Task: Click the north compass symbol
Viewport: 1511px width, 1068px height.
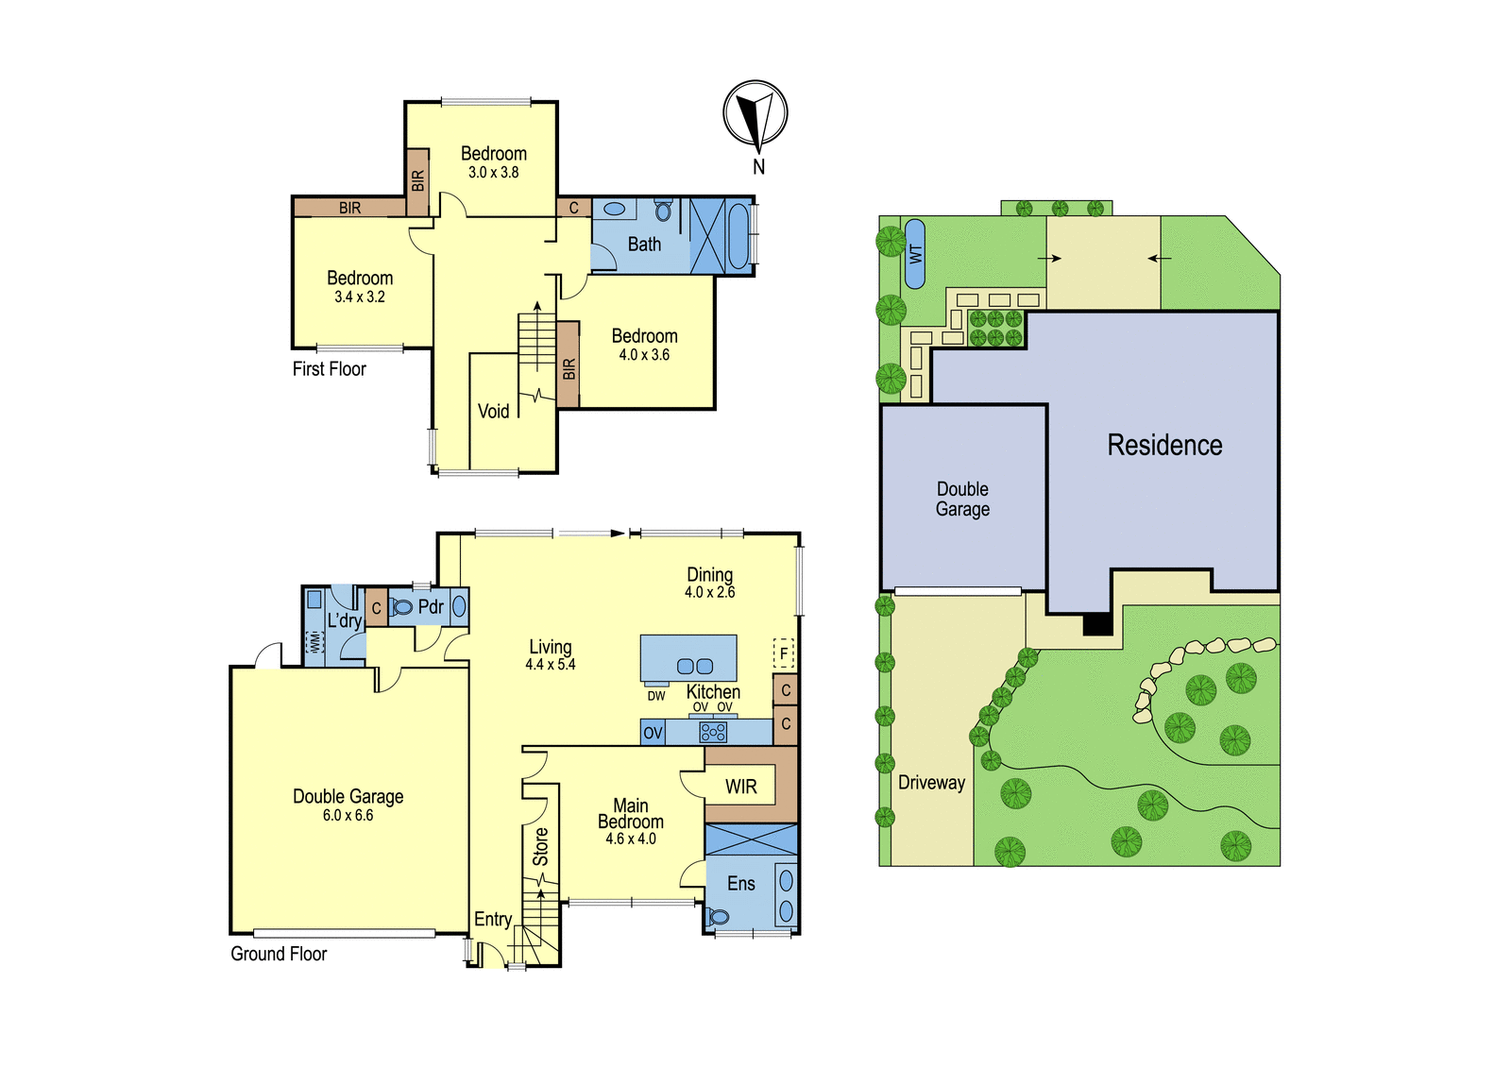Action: tap(755, 113)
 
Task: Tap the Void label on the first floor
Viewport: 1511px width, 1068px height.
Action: tap(493, 411)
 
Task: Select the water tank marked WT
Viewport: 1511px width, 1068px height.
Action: tap(915, 254)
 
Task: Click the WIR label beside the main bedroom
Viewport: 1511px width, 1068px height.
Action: tap(740, 786)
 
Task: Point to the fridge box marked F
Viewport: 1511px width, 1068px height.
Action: tap(783, 653)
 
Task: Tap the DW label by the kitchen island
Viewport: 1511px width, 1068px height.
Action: tap(655, 696)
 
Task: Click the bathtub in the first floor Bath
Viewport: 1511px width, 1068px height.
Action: tap(739, 236)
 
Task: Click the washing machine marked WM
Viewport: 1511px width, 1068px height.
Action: tap(314, 641)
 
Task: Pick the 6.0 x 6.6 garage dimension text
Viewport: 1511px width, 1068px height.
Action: tap(348, 815)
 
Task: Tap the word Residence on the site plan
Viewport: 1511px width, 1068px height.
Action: tap(1164, 445)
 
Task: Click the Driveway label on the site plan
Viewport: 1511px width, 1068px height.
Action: tap(931, 783)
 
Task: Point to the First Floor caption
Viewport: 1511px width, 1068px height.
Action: tap(330, 368)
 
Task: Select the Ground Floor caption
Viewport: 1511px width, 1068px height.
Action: tap(279, 954)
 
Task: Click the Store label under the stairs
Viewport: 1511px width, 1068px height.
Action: tap(540, 847)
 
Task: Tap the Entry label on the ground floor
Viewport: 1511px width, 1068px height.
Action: tap(493, 919)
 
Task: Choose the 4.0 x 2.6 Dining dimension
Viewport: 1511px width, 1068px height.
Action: tap(709, 592)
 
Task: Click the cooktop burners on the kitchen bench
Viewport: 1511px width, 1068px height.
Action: tap(712, 732)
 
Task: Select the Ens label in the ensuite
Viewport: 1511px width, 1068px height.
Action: tap(740, 883)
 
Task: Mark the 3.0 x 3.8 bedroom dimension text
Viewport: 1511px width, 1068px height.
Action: tap(493, 172)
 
